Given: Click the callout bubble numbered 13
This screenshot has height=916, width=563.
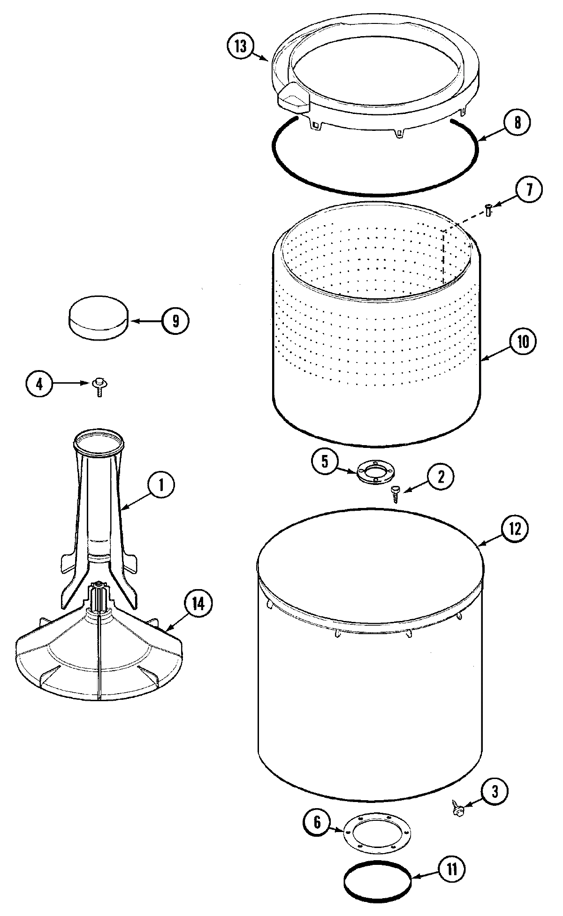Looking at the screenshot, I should pyautogui.click(x=240, y=48).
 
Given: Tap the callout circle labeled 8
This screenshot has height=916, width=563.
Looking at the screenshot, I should pyautogui.click(x=517, y=122).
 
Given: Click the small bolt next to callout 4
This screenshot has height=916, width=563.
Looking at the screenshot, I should pyautogui.click(x=99, y=387).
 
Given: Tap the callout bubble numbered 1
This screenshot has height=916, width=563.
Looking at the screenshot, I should pyautogui.click(x=160, y=485).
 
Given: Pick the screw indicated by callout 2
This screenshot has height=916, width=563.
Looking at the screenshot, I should pyautogui.click(x=396, y=494).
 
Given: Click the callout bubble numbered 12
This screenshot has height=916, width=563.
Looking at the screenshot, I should pyautogui.click(x=515, y=529).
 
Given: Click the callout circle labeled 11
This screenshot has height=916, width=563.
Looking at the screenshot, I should pyautogui.click(x=451, y=869).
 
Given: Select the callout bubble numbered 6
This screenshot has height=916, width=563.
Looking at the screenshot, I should pyautogui.click(x=318, y=823).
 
